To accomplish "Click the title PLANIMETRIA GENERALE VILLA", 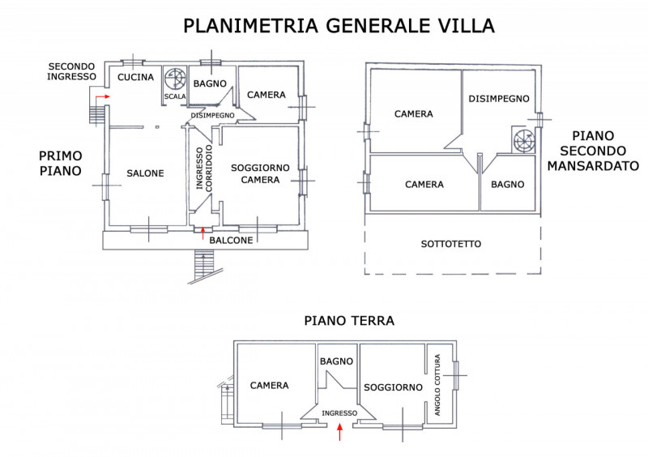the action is [x=339, y=26].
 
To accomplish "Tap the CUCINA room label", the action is [x=135, y=77].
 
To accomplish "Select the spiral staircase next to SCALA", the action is [x=175, y=79].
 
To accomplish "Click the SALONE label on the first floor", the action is [x=145, y=173].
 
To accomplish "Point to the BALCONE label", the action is [x=231, y=241].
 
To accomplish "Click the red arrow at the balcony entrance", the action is [x=202, y=233].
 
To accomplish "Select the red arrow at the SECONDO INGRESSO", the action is [x=103, y=96].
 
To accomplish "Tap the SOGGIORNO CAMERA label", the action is [x=260, y=173].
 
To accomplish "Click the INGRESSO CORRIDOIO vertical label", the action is [x=204, y=168].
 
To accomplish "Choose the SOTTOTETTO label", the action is [x=451, y=244].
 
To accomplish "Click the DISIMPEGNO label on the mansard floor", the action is [x=499, y=99].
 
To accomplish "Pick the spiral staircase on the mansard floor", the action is [x=524, y=140].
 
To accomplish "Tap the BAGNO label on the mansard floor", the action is [x=508, y=185].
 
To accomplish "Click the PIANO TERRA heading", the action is [x=349, y=321].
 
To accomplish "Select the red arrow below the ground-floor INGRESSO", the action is [x=339, y=432].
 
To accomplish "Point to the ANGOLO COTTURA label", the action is [x=437, y=385].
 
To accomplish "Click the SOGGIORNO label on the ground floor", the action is [x=393, y=387].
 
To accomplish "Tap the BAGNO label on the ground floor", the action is [x=336, y=361].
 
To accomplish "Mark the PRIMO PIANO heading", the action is [x=60, y=164].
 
